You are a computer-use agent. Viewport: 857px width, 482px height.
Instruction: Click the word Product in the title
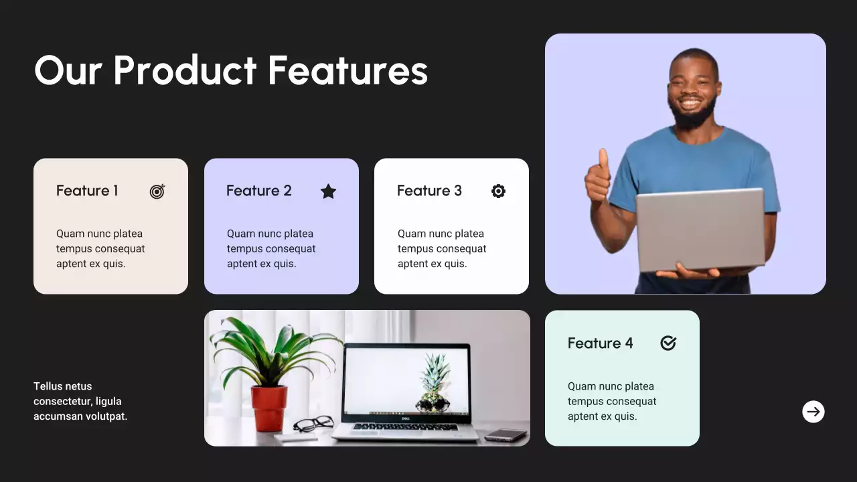click(x=185, y=70)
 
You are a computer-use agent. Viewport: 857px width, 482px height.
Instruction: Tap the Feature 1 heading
click(x=87, y=191)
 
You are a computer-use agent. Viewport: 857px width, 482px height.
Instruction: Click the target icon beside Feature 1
click(x=157, y=191)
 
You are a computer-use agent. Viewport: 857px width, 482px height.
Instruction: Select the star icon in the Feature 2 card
click(x=328, y=191)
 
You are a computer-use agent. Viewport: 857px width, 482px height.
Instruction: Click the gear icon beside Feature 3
click(x=498, y=191)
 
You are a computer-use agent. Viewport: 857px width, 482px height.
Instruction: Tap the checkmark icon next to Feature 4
click(x=668, y=343)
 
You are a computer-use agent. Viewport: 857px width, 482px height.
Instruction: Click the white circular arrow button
click(x=813, y=412)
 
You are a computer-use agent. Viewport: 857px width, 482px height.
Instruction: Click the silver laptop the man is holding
click(x=700, y=229)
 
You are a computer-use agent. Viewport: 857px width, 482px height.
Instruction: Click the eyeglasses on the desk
click(x=313, y=423)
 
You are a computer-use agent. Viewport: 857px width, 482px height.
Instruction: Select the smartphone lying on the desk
click(x=505, y=435)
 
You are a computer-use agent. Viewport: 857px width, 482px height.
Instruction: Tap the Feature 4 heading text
click(x=600, y=343)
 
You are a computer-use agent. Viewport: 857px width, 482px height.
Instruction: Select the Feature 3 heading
click(x=429, y=191)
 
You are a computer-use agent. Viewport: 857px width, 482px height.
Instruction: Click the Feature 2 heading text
click(x=259, y=191)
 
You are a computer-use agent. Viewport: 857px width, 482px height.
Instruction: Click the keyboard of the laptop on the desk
click(x=405, y=427)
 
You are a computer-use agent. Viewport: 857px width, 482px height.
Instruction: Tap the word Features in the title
click(x=347, y=70)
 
